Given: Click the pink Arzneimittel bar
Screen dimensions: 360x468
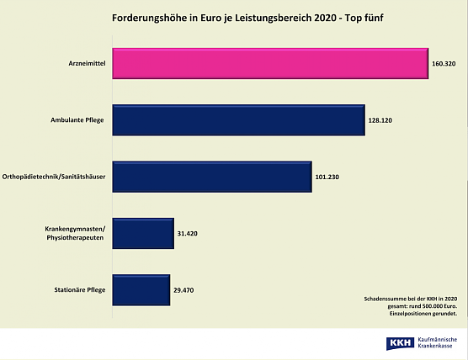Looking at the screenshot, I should (270, 63).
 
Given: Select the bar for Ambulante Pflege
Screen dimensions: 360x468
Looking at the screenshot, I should (238, 120).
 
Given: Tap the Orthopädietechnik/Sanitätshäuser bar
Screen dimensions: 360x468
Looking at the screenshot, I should (211, 177).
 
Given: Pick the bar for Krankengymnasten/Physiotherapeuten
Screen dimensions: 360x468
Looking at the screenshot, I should (142, 233).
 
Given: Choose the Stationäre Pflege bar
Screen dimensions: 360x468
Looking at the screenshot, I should (141, 289).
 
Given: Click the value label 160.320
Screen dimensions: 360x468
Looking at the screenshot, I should (444, 64).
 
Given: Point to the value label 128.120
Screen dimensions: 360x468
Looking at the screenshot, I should (380, 120).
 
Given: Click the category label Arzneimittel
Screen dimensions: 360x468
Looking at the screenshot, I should (88, 64).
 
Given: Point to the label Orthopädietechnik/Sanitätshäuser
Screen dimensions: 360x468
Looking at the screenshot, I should (56, 177).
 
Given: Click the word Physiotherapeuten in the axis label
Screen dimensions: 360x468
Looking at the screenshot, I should (77, 239).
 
